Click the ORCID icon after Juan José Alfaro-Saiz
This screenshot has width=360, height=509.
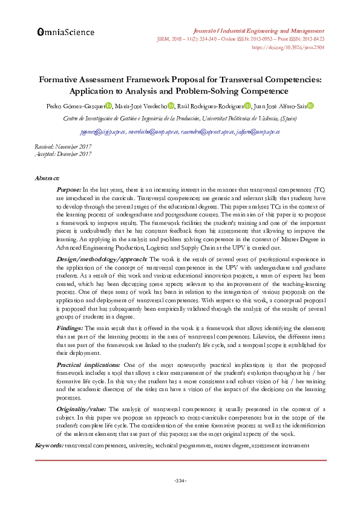(310, 106)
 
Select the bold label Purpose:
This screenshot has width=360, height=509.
(68, 190)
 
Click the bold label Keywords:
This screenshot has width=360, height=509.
(49, 445)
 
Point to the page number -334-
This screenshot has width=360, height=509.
(180, 481)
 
